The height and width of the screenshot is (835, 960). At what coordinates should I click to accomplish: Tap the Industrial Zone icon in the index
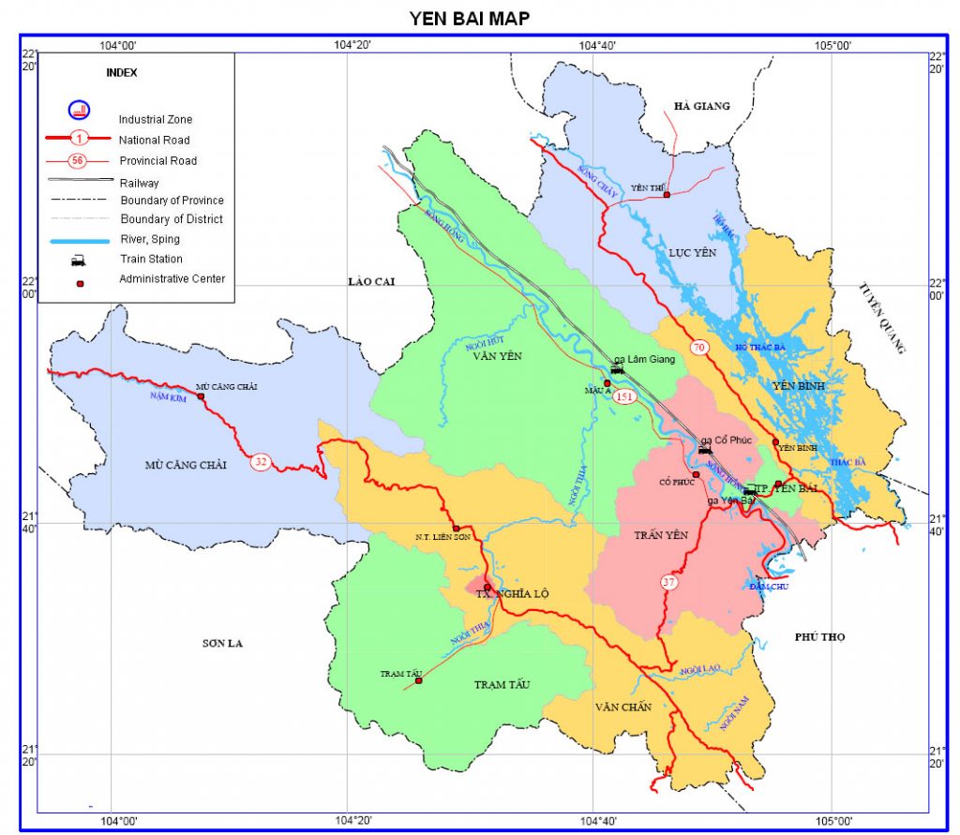pyautogui.click(x=79, y=110)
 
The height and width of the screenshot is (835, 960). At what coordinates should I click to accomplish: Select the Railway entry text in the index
pyautogui.click(x=139, y=183)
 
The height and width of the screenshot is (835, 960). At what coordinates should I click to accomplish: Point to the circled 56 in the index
pyautogui.click(x=78, y=160)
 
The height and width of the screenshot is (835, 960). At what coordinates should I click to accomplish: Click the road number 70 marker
pyautogui.click(x=698, y=348)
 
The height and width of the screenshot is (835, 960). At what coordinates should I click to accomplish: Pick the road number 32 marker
pyautogui.click(x=260, y=461)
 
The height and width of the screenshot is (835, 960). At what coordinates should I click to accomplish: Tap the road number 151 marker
pyautogui.click(x=625, y=397)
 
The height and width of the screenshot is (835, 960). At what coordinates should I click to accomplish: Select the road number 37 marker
pyautogui.click(x=668, y=581)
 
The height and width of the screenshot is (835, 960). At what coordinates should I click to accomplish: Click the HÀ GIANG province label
pyautogui.click(x=701, y=106)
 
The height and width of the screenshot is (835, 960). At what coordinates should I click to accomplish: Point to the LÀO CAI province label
pyautogui.click(x=367, y=281)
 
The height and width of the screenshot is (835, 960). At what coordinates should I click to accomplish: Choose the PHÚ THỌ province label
pyautogui.click(x=819, y=637)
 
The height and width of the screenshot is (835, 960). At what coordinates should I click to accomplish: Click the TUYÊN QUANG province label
pyautogui.click(x=883, y=319)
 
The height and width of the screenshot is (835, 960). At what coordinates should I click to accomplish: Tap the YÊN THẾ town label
pyautogui.click(x=646, y=188)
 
